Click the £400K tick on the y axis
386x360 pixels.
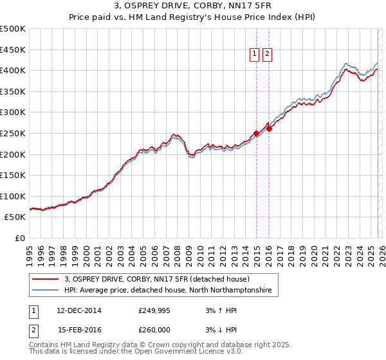13,71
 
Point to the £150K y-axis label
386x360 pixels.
13,175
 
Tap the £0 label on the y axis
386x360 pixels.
20,238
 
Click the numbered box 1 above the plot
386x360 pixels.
255,55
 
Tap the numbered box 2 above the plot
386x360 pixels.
267,55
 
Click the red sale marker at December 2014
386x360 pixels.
256,134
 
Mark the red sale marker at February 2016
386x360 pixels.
269,129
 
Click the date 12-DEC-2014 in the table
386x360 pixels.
79,310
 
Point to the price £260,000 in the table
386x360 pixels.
154,330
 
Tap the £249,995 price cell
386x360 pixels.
154,310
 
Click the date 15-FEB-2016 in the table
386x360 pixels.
79,330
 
